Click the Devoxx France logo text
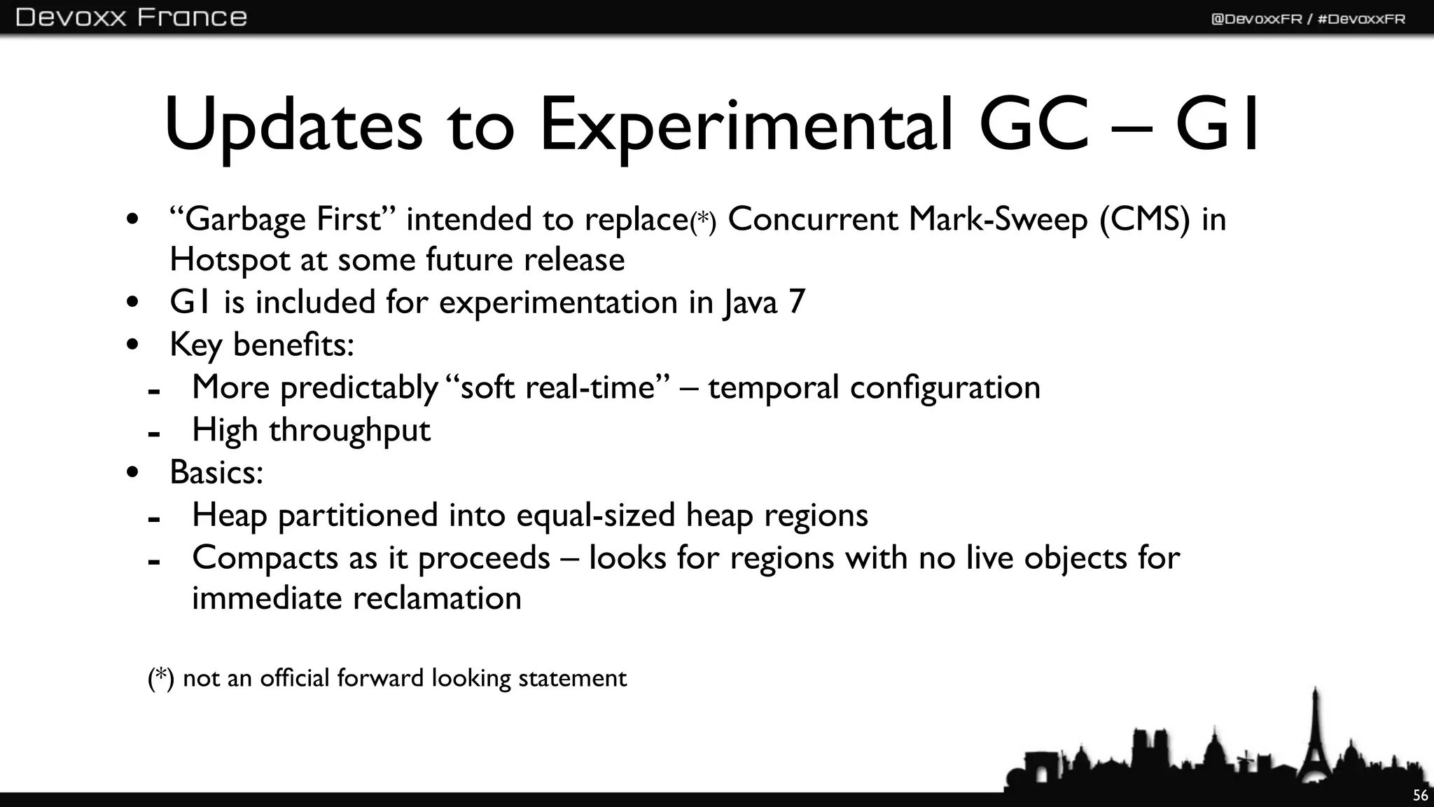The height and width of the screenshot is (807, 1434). (x=131, y=17)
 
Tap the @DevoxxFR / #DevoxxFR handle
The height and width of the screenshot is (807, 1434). (x=1307, y=19)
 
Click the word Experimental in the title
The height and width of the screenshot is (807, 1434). (x=746, y=126)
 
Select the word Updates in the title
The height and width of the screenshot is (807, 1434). (x=293, y=126)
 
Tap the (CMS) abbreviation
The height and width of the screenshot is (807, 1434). (x=1144, y=219)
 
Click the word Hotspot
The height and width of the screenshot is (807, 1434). (x=230, y=261)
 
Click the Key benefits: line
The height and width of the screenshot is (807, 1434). (x=262, y=345)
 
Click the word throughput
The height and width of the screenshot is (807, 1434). (x=349, y=430)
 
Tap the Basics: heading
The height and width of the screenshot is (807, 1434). (x=216, y=472)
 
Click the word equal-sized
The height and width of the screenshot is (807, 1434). (x=596, y=516)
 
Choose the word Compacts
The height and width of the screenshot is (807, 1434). (x=265, y=558)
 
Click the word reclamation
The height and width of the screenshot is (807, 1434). (x=437, y=599)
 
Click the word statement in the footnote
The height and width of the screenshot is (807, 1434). (x=572, y=678)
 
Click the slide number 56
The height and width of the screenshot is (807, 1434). (x=1420, y=795)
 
